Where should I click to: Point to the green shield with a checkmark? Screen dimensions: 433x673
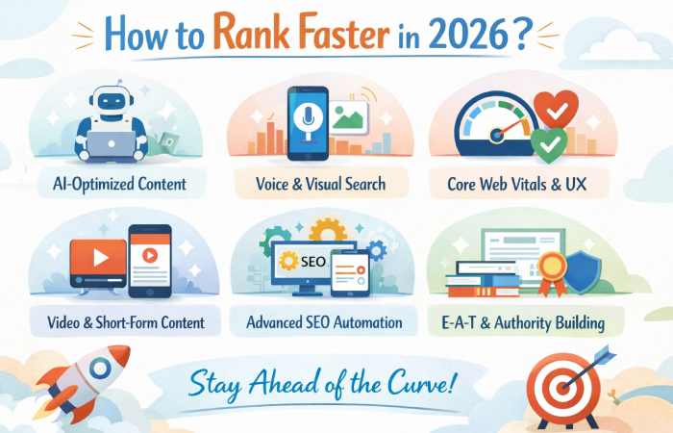(x=548, y=145)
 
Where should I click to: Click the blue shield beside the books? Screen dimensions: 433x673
(x=582, y=272)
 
